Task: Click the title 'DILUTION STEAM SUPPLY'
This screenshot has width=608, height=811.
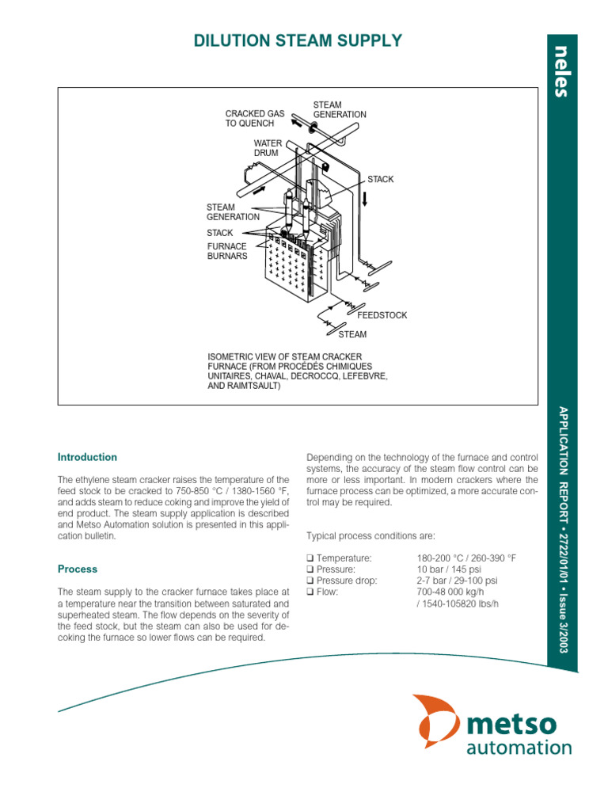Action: coord(298,41)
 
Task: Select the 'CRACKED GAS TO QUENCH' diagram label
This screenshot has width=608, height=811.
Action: coord(254,119)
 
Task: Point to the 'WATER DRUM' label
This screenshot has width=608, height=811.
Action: coord(267,148)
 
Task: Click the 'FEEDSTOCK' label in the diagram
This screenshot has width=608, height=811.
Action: coord(383,315)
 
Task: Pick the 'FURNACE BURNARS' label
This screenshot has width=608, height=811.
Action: coord(227,251)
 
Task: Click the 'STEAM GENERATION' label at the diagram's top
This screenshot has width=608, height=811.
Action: coord(340,109)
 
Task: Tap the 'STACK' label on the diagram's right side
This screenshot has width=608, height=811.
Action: coord(380,180)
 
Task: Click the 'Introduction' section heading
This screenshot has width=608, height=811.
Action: coord(87,457)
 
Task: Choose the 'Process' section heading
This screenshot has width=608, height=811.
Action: coord(78,569)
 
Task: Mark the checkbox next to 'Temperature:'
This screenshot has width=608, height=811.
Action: coord(310,558)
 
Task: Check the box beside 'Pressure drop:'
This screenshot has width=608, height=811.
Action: coord(310,581)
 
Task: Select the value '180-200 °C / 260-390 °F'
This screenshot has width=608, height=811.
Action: coord(466,558)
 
